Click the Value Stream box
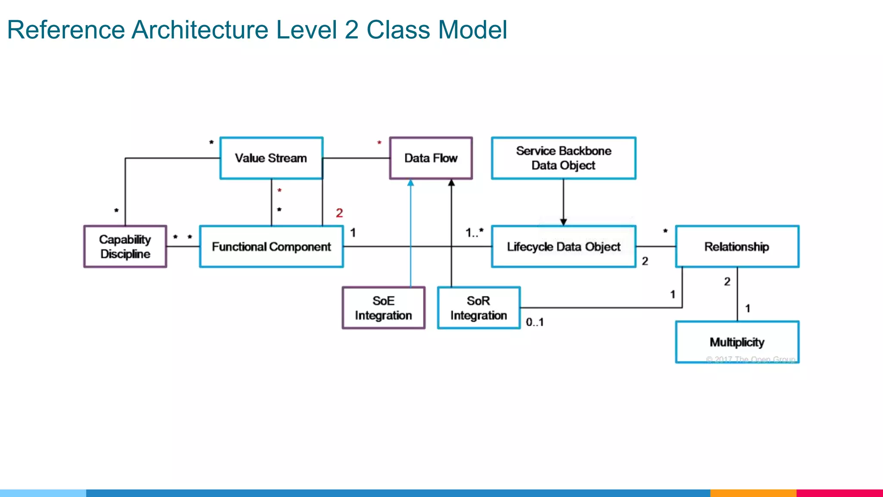(x=271, y=158)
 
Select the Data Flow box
(x=431, y=158)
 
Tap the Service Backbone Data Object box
(x=564, y=158)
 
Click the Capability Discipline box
(x=125, y=246)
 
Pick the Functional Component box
(x=271, y=246)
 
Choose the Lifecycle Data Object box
(x=564, y=246)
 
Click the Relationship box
(x=737, y=246)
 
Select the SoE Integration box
(x=383, y=308)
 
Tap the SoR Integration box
(x=479, y=308)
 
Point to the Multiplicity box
(x=737, y=342)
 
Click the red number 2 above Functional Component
(x=339, y=213)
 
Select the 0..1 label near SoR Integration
(x=535, y=322)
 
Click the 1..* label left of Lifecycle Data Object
(x=474, y=233)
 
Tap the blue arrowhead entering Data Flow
(x=410, y=183)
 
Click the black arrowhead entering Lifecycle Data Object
(x=563, y=222)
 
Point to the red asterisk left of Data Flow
(x=379, y=143)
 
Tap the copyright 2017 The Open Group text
(x=751, y=359)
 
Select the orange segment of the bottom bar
(x=753, y=493)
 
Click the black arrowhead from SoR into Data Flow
(x=451, y=183)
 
